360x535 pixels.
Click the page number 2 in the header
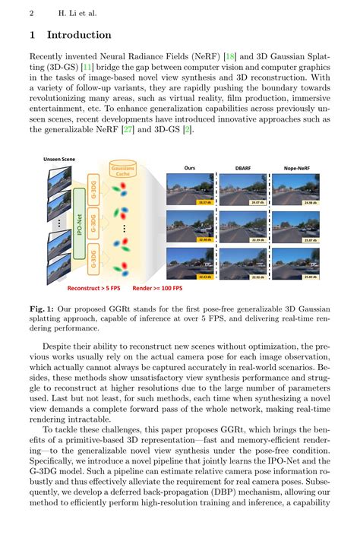click(32, 14)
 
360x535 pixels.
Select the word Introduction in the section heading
click(79, 35)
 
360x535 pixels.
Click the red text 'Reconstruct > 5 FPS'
click(87, 289)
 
